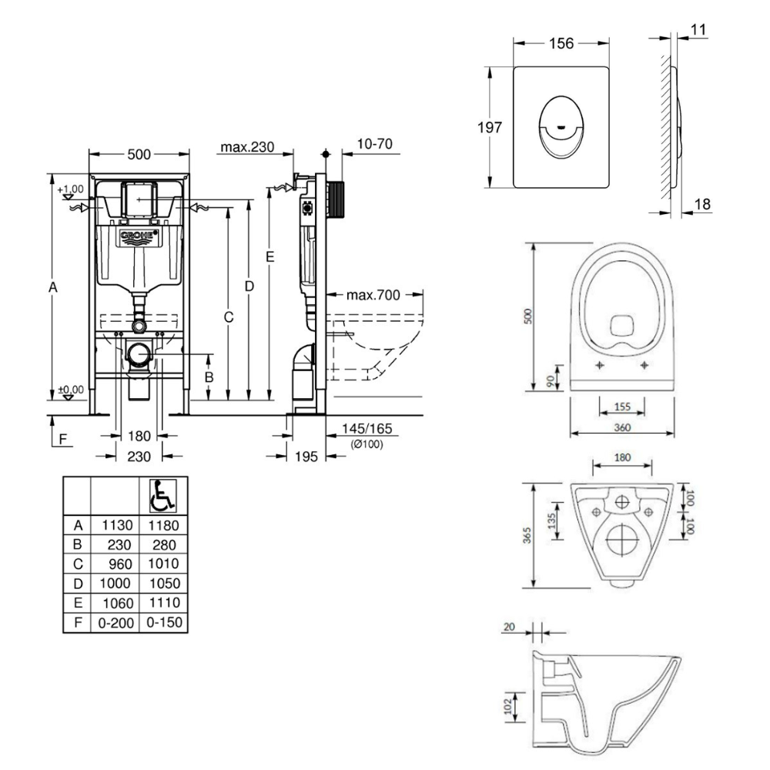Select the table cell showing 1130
click(115, 526)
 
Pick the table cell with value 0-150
click(162, 621)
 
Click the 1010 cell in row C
click(162, 564)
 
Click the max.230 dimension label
click(246, 146)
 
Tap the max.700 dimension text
click(373, 295)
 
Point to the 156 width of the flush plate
click(561, 44)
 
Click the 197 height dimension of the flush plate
click(489, 127)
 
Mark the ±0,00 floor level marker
click(71, 390)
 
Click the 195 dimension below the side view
click(306, 457)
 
